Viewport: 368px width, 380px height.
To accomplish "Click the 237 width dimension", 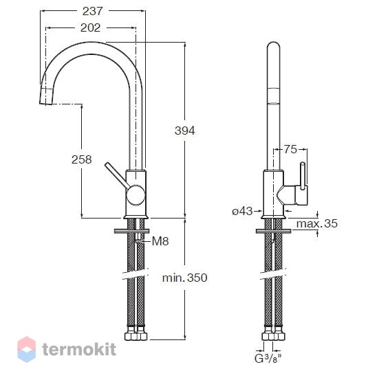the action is (x=93, y=12).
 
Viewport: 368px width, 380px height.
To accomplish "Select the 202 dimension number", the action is (x=90, y=28).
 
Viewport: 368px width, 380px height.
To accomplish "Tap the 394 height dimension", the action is (x=185, y=131).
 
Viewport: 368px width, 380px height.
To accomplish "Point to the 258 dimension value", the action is (x=82, y=159).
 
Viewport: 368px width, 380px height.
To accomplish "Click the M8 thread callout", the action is (x=160, y=241).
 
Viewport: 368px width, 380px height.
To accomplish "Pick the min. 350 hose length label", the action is (x=185, y=278).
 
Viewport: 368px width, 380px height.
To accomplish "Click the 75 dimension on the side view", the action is (x=290, y=149).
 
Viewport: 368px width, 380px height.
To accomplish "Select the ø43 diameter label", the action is (x=242, y=212).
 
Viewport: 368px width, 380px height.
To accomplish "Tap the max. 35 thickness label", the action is (x=317, y=223).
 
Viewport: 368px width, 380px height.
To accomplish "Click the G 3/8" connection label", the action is (x=268, y=359).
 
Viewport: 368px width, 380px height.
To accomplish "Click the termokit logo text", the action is (x=79, y=349).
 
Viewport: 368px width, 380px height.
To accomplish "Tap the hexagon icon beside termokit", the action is (x=27, y=349).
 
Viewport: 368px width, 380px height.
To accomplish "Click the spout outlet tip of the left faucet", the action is (x=45, y=104).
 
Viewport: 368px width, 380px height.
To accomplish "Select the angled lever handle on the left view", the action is (x=117, y=175).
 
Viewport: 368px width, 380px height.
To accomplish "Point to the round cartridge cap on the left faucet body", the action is (x=136, y=195).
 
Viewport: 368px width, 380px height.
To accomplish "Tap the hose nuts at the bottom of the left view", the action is (x=136, y=334).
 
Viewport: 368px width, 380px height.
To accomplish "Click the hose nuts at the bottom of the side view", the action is (x=274, y=335).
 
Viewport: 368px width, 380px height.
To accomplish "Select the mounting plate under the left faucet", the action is (x=131, y=231).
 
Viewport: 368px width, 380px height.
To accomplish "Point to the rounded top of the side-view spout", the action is (x=273, y=46).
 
